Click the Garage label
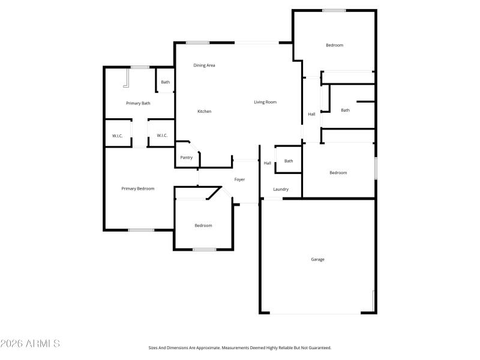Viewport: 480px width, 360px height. [x=317, y=259]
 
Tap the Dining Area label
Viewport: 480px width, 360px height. [x=204, y=65]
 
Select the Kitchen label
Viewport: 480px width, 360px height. [x=205, y=111]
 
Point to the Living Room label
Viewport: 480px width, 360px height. [x=265, y=102]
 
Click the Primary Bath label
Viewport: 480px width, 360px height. [x=138, y=103]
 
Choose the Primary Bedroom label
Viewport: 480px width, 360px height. [x=138, y=188]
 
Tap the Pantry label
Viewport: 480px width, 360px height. [x=187, y=158]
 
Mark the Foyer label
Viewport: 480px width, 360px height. [x=239, y=179]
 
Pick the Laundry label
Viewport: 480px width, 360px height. [x=281, y=189]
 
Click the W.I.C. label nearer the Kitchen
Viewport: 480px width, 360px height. [x=162, y=136]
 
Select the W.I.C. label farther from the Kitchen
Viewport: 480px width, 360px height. [x=118, y=136]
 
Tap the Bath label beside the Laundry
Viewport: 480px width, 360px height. [x=289, y=161]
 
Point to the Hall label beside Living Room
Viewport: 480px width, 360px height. [x=311, y=114]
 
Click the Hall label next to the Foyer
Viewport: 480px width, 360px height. [x=267, y=163]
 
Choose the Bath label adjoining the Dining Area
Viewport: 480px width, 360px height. [x=165, y=82]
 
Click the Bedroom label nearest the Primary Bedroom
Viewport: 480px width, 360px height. [x=203, y=226]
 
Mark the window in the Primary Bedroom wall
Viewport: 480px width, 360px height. [x=141, y=230]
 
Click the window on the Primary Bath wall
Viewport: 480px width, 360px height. [x=140, y=67]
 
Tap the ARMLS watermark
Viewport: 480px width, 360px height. [x=30, y=344]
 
